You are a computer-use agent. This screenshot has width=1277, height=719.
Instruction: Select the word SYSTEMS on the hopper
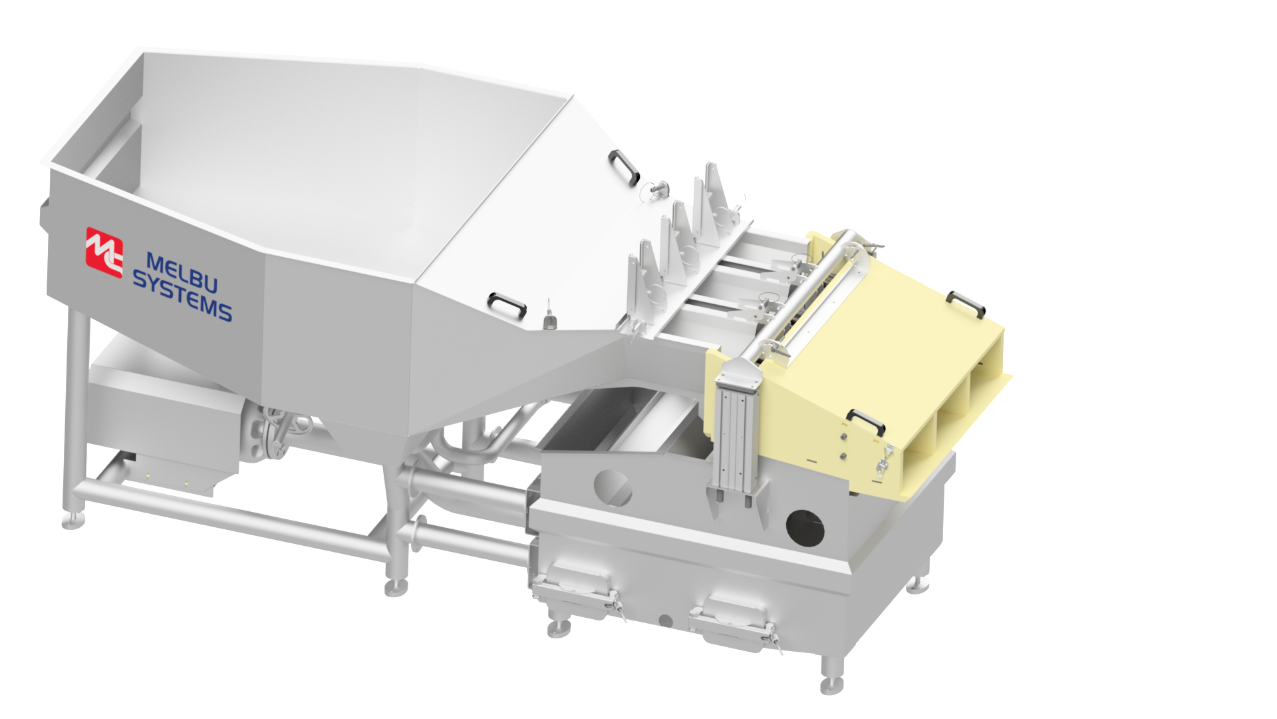point(182,297)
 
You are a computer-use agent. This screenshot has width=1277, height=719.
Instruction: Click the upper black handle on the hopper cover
point(623,166)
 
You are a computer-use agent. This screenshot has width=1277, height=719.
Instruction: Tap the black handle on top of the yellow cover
point(965,303)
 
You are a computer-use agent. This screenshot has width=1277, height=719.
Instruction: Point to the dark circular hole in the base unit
point(805,528)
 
